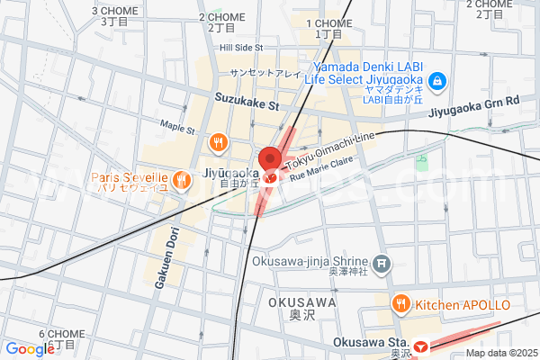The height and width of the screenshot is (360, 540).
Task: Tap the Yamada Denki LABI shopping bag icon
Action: (436, 82)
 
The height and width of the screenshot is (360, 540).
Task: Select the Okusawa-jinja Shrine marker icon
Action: (383, 264)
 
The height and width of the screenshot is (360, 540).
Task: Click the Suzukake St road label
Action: (247, 105)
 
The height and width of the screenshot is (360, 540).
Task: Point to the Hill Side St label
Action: (240, 47)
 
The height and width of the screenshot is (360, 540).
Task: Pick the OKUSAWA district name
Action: (301, 302)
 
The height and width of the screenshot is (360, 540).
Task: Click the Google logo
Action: (29, 349)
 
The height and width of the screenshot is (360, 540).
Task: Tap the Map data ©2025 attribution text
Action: (500, 353)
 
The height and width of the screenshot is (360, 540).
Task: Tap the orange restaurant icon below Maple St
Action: (219, 141)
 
